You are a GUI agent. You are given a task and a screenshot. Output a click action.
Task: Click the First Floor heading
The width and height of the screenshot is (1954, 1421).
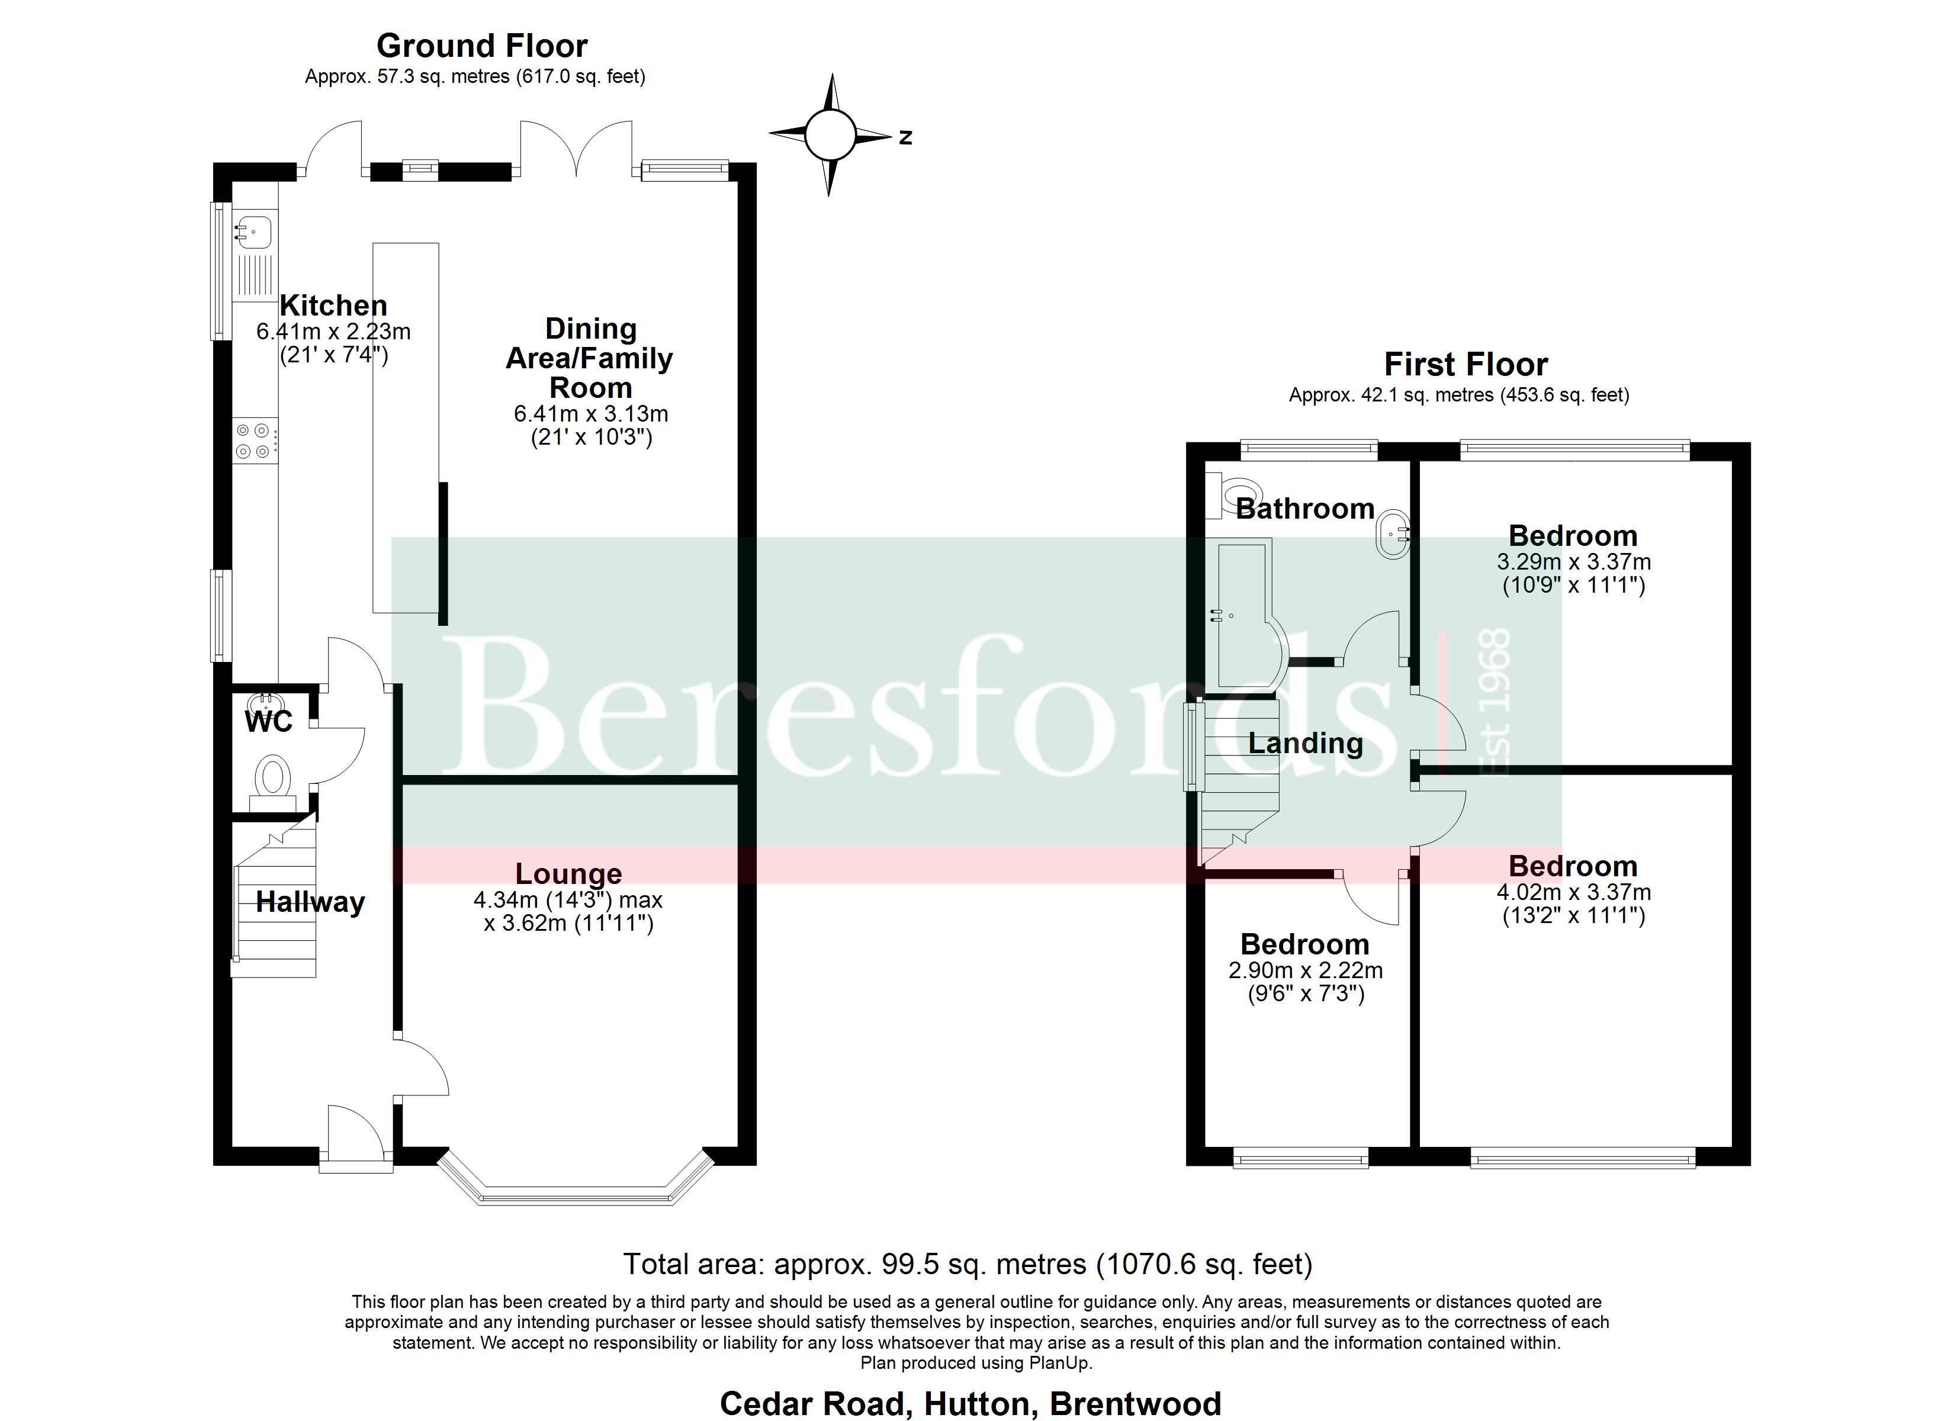point(1465,365)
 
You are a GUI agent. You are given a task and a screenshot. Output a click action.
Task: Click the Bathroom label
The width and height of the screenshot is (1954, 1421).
point(1304,509)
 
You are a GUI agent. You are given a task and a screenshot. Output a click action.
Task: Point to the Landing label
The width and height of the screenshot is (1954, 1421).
point(1305,743)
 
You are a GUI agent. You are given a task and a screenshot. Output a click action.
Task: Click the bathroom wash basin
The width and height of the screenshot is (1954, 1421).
point(1392,532)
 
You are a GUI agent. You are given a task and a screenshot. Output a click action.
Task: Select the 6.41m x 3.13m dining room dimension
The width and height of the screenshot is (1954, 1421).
point(591,414)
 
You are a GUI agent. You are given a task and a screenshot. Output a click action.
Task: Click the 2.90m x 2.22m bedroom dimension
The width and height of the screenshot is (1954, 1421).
point(1305,970)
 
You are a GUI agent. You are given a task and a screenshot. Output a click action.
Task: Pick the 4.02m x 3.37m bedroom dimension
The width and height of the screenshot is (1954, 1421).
point(1573,892)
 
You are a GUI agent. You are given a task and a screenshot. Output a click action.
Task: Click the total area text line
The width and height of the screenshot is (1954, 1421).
point(968,1264)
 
